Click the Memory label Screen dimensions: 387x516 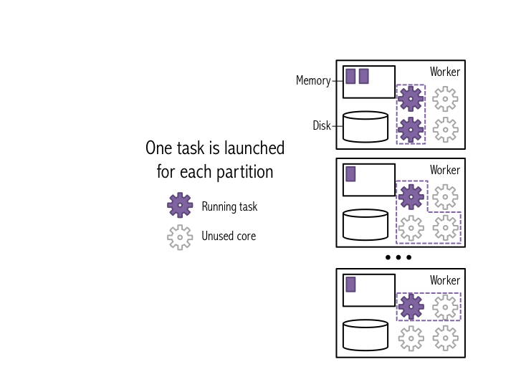pyautogui.click(x=313, y=81)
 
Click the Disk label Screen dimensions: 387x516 pyautogui.click(x=322, y=126)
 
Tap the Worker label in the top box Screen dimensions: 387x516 pyautogui.click(x=445, y=72)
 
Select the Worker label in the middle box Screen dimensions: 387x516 pyautogui.click(x=445, y=170)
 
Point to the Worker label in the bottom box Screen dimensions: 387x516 pyautogui.click(x=445, y=280)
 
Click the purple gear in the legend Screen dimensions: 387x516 pyautogui.click(x=180, y=206)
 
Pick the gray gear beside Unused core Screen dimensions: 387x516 pyautogui.click(x=180, y=236)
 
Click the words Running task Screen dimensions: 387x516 pyautogui.click(x=229, y=206)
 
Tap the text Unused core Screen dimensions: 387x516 pyautogui.click(x=229, y=236)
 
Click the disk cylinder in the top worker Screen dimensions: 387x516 pyautogui.click(x=365, y=126)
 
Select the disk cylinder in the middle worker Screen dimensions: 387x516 pyautogui.click(x=365, y=224)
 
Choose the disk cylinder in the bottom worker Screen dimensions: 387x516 pyautogui.click(x=365, y=335)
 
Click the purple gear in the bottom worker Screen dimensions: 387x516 pyautogui.click(x=411, y=307)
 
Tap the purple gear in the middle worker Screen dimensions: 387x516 pyautogui.click(x=411, y=196)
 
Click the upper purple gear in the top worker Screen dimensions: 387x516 pyautogui.click(x=411, y=99)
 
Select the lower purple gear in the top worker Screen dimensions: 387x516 pyautogui.click(x=411, y=130)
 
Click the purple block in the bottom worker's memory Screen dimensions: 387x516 pyautogui.click(x=350, y=285)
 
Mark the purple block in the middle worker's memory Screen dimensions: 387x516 pyautogui.click(x=350, y=174)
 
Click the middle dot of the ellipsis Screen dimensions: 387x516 pyautogui.click(x=398, y=257)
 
